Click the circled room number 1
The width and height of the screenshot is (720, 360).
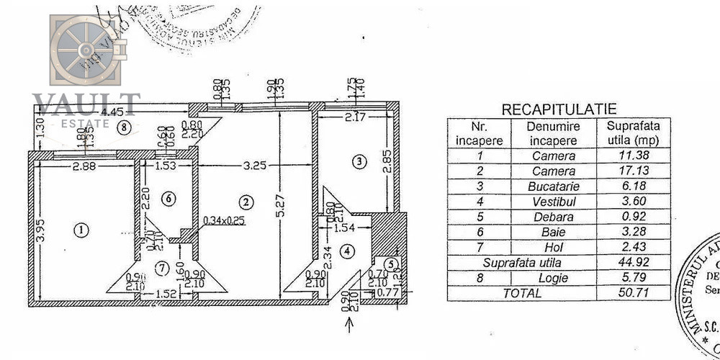tap(81, 230)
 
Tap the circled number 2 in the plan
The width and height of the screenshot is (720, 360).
tap(246, 201)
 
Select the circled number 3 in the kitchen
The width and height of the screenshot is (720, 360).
tap(359, 161)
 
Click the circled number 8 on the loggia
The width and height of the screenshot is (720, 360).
tap(125, 129)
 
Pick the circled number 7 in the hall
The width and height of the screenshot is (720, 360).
tap(162, 269)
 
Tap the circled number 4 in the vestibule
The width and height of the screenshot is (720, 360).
tap(348, 251)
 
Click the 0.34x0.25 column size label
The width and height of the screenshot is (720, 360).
tap(224, 220)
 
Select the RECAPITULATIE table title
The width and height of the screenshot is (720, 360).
tap(559, 109)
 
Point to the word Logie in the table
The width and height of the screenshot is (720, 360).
tap(553, 278)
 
